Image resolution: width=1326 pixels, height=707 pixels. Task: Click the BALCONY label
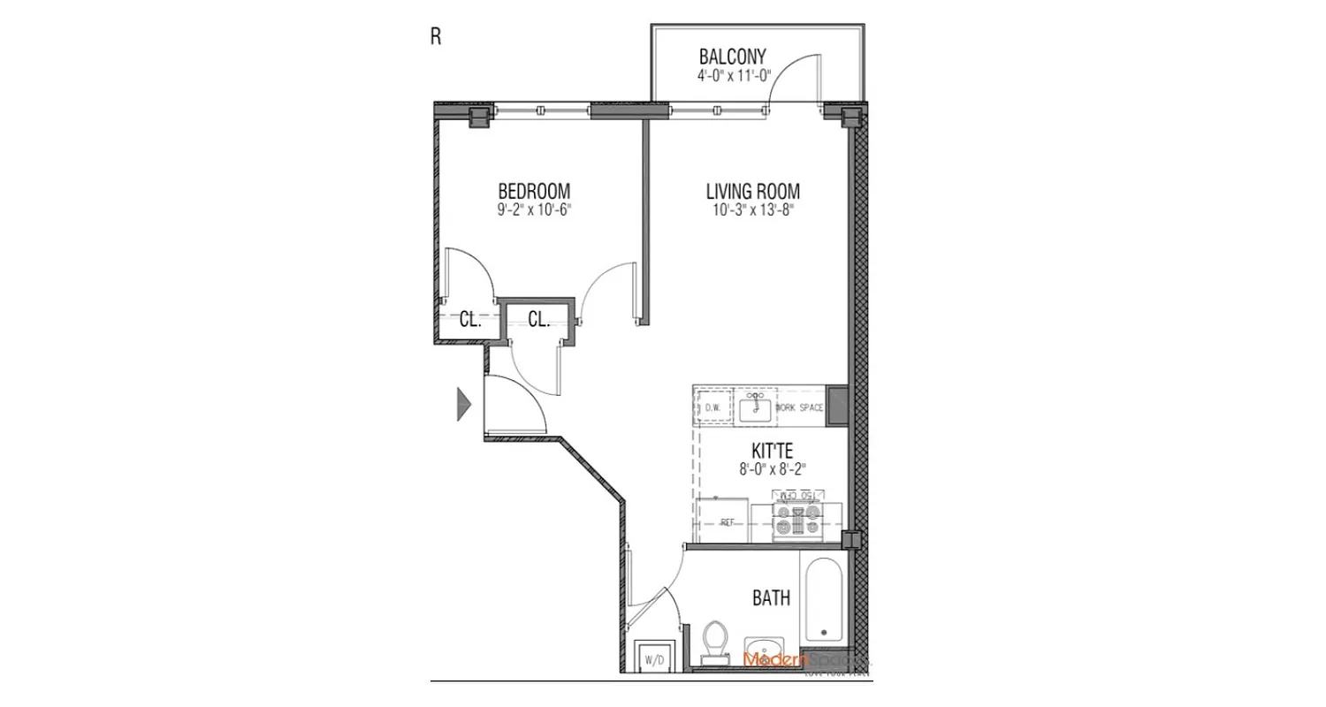point(732,58)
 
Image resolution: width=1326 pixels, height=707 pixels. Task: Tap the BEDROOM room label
point(534,191)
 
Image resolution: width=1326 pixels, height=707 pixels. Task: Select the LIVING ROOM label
point(752,191)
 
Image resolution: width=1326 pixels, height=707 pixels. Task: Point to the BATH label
point(771,598)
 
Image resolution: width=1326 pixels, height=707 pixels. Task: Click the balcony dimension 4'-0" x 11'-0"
point(732,77)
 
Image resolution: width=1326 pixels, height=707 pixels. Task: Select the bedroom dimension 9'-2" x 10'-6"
point(534,209)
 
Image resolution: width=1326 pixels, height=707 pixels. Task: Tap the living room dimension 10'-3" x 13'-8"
point(752,209)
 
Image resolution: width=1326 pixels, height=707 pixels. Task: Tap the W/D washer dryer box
point(654,658)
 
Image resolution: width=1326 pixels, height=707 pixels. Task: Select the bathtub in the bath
point(823,601)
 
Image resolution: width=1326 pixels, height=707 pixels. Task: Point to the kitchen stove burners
point(796,521)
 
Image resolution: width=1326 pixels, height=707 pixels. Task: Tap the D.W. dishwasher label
point(713,407)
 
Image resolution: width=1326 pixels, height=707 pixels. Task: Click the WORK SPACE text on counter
point(800,407)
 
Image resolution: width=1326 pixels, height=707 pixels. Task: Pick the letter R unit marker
point(435,36)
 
